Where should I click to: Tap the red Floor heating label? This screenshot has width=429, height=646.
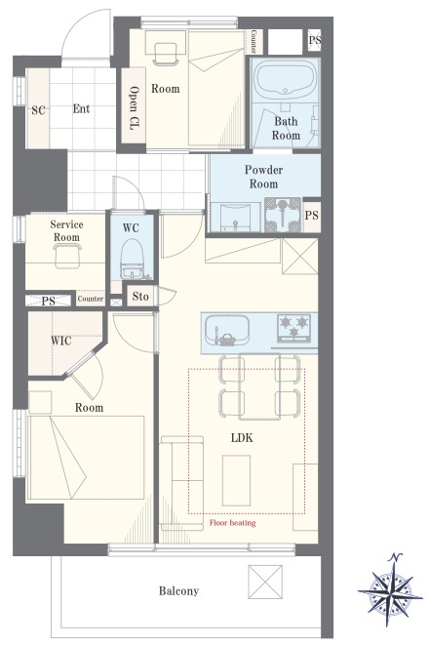tap(233, 523)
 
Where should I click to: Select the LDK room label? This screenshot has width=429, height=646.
tap(242, 437)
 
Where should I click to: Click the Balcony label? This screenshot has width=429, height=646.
tap(178, 591)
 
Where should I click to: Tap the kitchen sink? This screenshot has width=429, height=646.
tap(227, 331)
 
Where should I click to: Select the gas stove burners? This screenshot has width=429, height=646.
tap(293, 327)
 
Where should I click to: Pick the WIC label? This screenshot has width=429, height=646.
tap(60, 341)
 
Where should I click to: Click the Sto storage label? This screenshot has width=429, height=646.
tap(140, 297)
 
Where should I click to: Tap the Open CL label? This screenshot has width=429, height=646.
tap(134, 108)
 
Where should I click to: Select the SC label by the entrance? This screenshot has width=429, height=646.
tap(38, 110)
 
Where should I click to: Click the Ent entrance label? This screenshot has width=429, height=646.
tap(81, 108)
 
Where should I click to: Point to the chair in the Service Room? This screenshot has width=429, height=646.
tap(67, 255)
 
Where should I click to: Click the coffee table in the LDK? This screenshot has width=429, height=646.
tap(236, 480)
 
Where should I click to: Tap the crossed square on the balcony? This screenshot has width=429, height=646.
tap(265, 582)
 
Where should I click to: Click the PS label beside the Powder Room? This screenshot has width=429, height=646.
tap(312, 216)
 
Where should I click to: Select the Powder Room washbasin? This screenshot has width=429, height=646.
tap(235, 217)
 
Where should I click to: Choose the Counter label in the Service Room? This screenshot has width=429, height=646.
tap(91, 299)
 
